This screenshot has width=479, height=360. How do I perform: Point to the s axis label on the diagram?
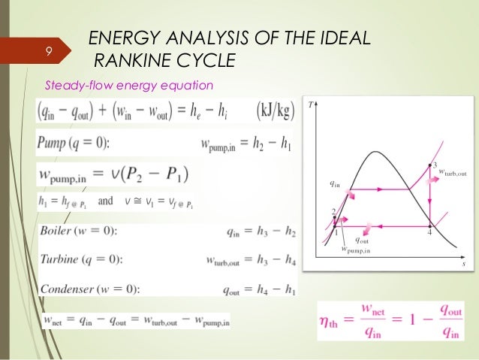463,265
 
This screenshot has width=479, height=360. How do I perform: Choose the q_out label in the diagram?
362,241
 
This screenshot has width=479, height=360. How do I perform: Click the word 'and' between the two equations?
106,201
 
